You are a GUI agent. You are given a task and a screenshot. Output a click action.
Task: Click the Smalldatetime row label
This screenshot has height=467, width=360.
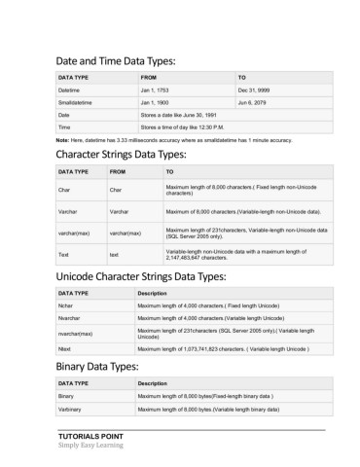pyautogui.click(x=76, y=101)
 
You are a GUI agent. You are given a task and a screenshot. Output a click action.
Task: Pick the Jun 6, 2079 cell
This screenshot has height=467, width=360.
pyautogui.click(x=253, y=101)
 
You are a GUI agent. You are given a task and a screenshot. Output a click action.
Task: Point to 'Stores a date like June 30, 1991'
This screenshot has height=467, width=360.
pyautogui.click(x=183, y=114)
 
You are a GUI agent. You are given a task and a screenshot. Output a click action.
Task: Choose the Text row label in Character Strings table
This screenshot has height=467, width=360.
pyautogui.click(x=64, y=254)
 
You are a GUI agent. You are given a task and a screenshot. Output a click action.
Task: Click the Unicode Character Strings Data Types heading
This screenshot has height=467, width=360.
pyautogui.click(x=154, y=276)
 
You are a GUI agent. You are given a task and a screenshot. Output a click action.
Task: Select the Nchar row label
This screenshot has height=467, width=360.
pyautogui.click(x=68, y=305)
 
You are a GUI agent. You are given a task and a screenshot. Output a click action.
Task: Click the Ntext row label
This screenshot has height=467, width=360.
pyautogui.click(x=67, y=348)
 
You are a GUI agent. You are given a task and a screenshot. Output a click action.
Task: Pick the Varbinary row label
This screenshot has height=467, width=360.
pyautogui.click(x=72, y=411)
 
